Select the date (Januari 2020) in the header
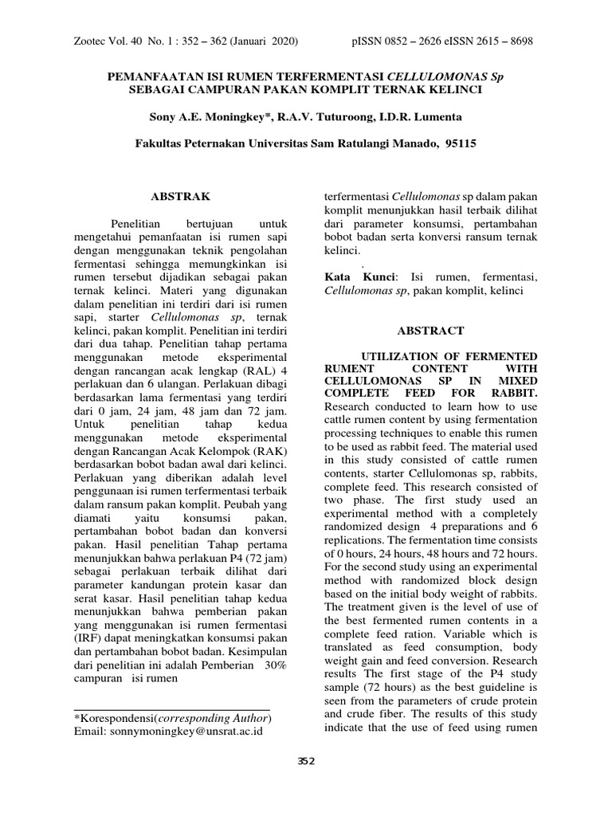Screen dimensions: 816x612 click(x=270, y=41)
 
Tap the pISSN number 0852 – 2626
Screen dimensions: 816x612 click(x=418, y=41)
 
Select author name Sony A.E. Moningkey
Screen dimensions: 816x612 click(x=211, y=117)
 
